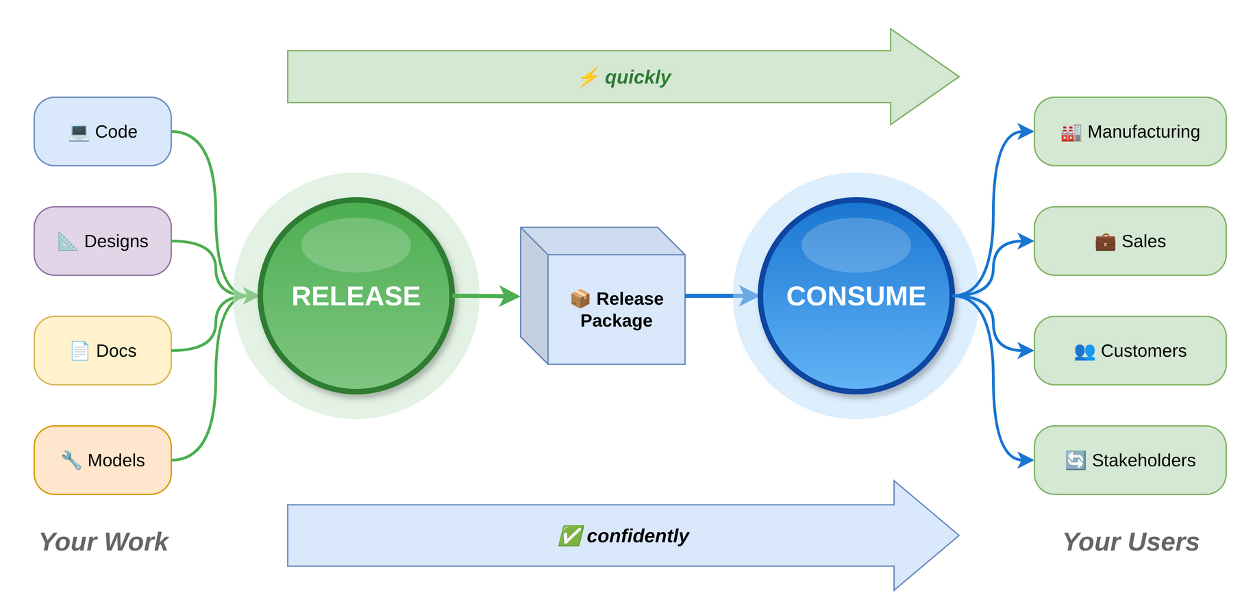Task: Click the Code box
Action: [103, 131]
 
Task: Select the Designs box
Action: [103, 241]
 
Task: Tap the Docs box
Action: [103, 351]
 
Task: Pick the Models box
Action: [103, 460]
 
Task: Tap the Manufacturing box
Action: [1130, 131]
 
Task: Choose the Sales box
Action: [1130, 241]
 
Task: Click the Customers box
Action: [1130, 351]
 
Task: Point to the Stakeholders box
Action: [1130, 460]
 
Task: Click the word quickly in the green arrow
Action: [638, 77]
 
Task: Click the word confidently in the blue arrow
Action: [638, 536]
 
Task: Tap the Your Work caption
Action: [103, 542]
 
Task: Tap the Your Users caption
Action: [1130, 542]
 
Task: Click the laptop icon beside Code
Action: [79, 132]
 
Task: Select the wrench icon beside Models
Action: [71, 460]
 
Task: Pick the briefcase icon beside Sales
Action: [1105, 242]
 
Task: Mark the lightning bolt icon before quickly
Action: [588, 77]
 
